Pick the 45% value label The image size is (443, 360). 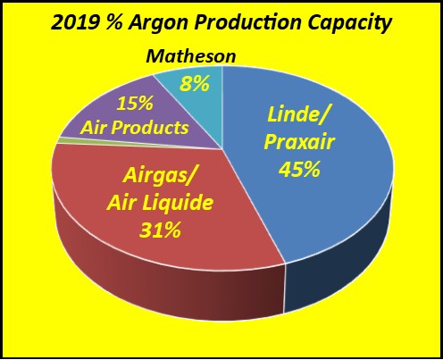click(x=298, y=168)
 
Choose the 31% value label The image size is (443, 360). click(x=161, y=230)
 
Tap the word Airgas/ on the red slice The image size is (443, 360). click(x=161, y=176)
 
